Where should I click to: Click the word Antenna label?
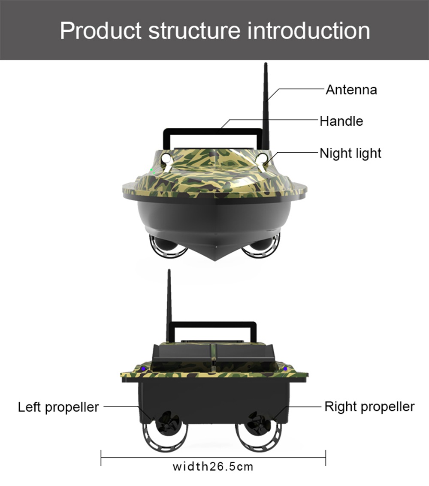[351, 90]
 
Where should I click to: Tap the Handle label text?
[341, 121]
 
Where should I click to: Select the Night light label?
[350, 153]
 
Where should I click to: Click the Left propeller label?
[58, 407]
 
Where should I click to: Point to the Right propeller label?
[369, 407]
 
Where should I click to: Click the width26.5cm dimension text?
[213, 466]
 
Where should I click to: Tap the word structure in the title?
[194, 30]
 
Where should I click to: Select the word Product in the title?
[101, 30]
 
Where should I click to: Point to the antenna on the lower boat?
[169, 300]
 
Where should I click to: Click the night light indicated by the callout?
[261, 159]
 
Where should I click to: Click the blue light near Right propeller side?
[285, 368]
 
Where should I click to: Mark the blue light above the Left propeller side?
[143, 368]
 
